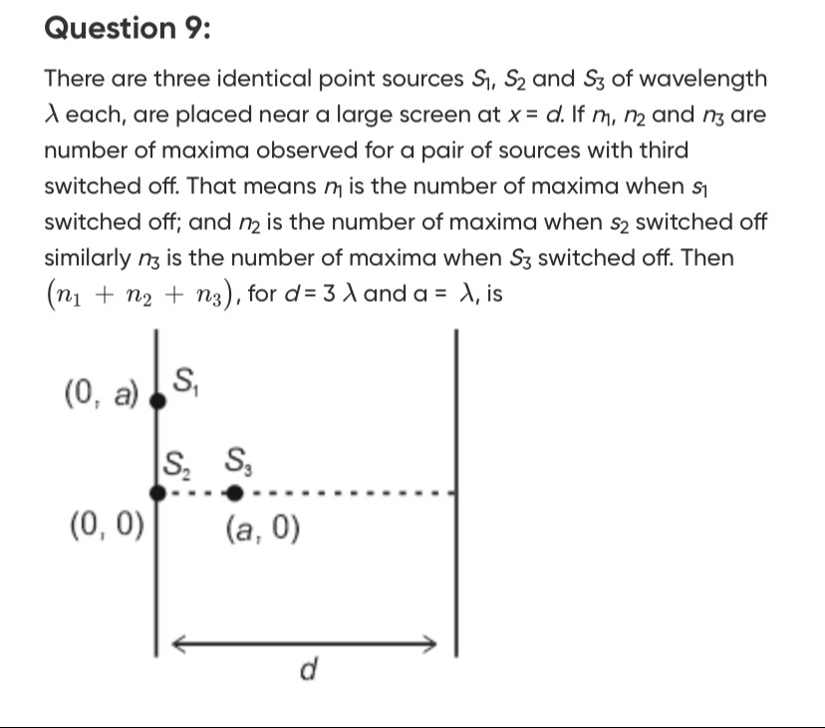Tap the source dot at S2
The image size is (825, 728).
(156, 493)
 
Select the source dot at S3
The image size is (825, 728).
(233, 493)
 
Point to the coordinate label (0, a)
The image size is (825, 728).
(100, 395)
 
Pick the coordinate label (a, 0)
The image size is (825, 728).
(260, 531)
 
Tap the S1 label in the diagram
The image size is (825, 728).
(185, 379)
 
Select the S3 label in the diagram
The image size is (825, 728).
(238, 460)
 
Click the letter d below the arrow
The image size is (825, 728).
(309, 672)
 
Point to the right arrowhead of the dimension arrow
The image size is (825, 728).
(431, 642)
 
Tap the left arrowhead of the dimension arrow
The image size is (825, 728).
(180, 642)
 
